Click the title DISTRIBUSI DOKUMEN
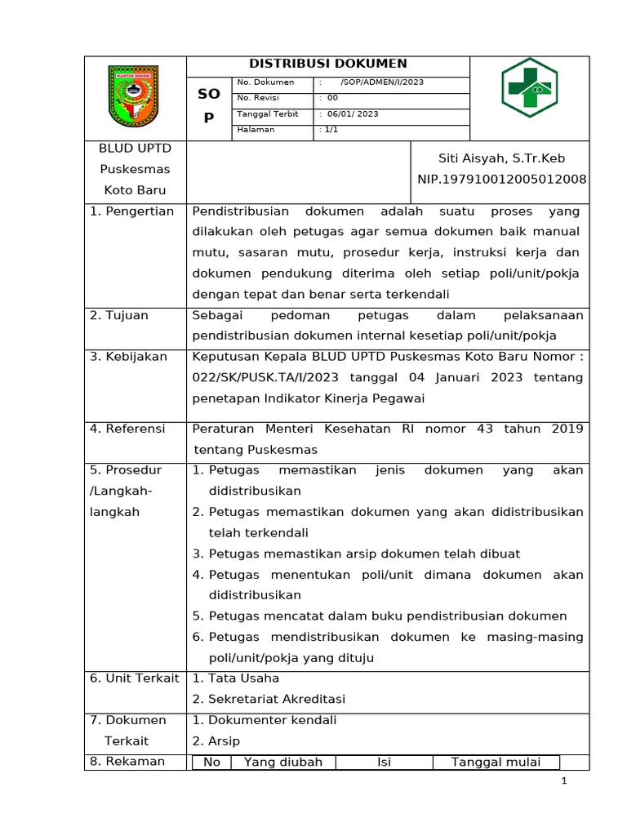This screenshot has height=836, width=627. click(x=327, y=64)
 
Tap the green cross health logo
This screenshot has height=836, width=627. click(x=528, y=87)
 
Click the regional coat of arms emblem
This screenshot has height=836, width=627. click(x=135, y=96)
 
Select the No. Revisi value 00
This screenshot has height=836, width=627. click(x=332, y=98)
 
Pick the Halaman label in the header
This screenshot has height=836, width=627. click(x=256, y=130)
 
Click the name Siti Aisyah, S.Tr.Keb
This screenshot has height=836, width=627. click(x=501, y=158)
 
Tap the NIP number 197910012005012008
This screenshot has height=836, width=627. click(x=501, y=179)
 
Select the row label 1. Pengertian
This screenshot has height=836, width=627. click(x=132, y=211)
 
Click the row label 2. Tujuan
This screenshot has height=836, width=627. click(x=119, y=315)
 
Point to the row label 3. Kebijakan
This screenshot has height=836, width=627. click(x=128, y=357)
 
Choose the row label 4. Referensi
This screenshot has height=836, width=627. click(x=127, y=429)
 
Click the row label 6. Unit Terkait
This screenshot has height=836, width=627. click(x=135, y=678)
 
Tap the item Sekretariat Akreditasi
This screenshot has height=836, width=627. click(x=276, y=699)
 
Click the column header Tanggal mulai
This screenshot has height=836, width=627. click(x=496, y=763)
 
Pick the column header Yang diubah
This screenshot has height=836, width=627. click(x=282, y=763)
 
